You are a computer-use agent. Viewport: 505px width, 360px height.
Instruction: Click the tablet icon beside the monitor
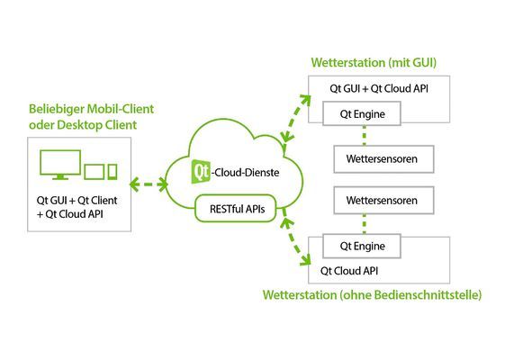(94, 169)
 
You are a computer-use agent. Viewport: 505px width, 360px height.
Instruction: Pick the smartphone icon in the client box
(112, 170)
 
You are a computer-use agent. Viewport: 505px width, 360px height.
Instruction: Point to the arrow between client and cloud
(149, 185)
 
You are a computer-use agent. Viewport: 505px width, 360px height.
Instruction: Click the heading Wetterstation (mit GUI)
(379, 63)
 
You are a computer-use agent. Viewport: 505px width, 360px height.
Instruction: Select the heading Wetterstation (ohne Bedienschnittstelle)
(372, 294)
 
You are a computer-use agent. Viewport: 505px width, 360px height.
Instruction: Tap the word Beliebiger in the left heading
(53, 108)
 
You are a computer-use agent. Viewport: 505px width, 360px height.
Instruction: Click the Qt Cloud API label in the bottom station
(349, 268)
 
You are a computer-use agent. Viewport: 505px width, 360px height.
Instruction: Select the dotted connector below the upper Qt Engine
(364, 135)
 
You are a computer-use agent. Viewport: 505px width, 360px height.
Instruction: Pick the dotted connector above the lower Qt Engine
(364, 223)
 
